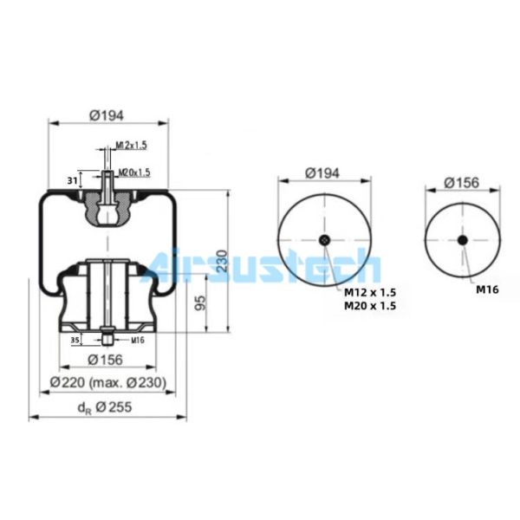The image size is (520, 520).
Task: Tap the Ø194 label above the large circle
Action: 322,172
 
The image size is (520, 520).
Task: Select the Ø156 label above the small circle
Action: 461,183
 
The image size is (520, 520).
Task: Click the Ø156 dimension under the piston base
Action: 105,359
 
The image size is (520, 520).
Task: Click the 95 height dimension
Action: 200,302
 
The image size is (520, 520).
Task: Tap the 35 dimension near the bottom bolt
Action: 75,341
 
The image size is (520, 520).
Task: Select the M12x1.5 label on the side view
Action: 131,145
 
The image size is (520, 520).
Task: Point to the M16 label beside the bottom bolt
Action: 137,341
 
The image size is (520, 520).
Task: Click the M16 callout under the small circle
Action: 486,289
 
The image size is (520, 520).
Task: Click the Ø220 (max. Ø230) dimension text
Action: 107,382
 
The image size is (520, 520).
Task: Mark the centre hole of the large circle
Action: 323,240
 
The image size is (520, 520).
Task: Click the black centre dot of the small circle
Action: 462,240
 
